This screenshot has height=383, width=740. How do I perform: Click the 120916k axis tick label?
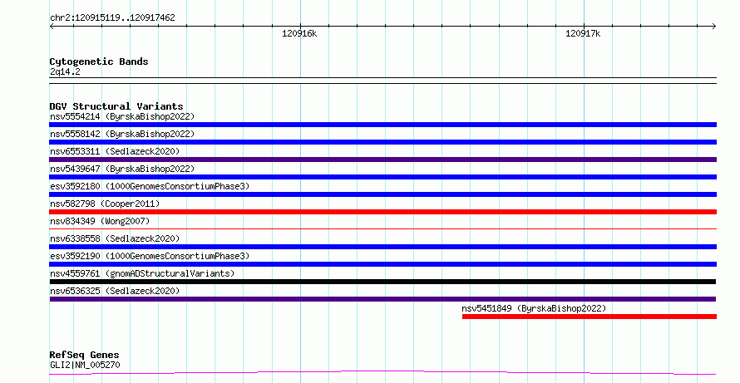(x=299, y=33)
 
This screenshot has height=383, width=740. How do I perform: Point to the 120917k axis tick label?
(x=583, y=33)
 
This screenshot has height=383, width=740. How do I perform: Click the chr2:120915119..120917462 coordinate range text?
(x=112, y=18)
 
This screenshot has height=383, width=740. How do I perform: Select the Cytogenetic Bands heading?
(x=99, y=61)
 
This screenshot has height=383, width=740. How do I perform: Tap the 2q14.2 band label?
(x=65, y=71)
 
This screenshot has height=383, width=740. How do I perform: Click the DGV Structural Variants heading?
(x=116, y=106)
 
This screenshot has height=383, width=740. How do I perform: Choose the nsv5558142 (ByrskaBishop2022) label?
(x=122, y=134)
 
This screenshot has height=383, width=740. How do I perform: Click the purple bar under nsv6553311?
(x=382, y=160)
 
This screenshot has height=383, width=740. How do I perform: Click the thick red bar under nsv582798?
(x=382, y=212)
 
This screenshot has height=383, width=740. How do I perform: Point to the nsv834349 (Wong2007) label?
(x=100, y=221)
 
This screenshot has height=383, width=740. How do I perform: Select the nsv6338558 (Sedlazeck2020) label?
(x=115, y=238)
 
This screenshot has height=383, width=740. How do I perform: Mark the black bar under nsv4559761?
(x=382, y=282)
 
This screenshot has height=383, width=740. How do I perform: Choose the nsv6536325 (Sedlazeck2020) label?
(x=115, y=291)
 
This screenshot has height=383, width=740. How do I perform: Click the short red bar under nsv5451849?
(x=590, y=317)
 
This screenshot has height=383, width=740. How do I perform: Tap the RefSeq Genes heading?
(x=84, y=355)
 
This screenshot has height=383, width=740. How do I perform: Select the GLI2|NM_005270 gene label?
(x=85, y=365)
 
